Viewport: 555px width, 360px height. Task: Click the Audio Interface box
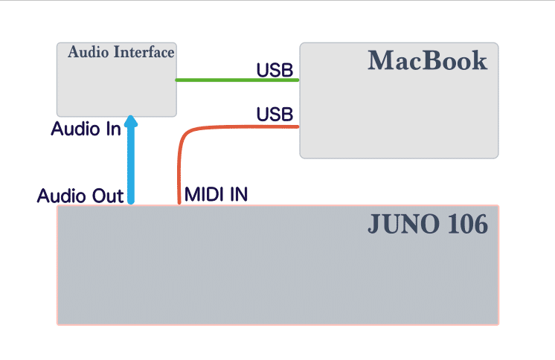[117, 80]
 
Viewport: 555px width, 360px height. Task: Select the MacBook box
[399, 100]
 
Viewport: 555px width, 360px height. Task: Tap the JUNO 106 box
[277, 265]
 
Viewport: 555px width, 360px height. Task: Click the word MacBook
[428, 60]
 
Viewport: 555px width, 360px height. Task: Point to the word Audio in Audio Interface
[88, 52]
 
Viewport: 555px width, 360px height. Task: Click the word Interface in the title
[144, 52]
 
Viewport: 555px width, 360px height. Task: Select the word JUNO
[404, 224]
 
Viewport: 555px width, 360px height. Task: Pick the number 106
[467, 224]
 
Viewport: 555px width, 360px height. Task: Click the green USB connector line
[237, 80]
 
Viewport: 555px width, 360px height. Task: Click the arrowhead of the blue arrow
[131, 120]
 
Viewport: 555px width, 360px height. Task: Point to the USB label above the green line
[275, 70]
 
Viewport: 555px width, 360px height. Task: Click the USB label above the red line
[275, 115]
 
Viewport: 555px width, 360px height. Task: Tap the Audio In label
[86, 129]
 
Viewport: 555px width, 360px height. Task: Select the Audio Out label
[80, 196]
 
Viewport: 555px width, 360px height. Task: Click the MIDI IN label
[216, 194]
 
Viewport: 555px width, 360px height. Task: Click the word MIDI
[205, 194]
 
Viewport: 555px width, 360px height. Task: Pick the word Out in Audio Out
[108, 196]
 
